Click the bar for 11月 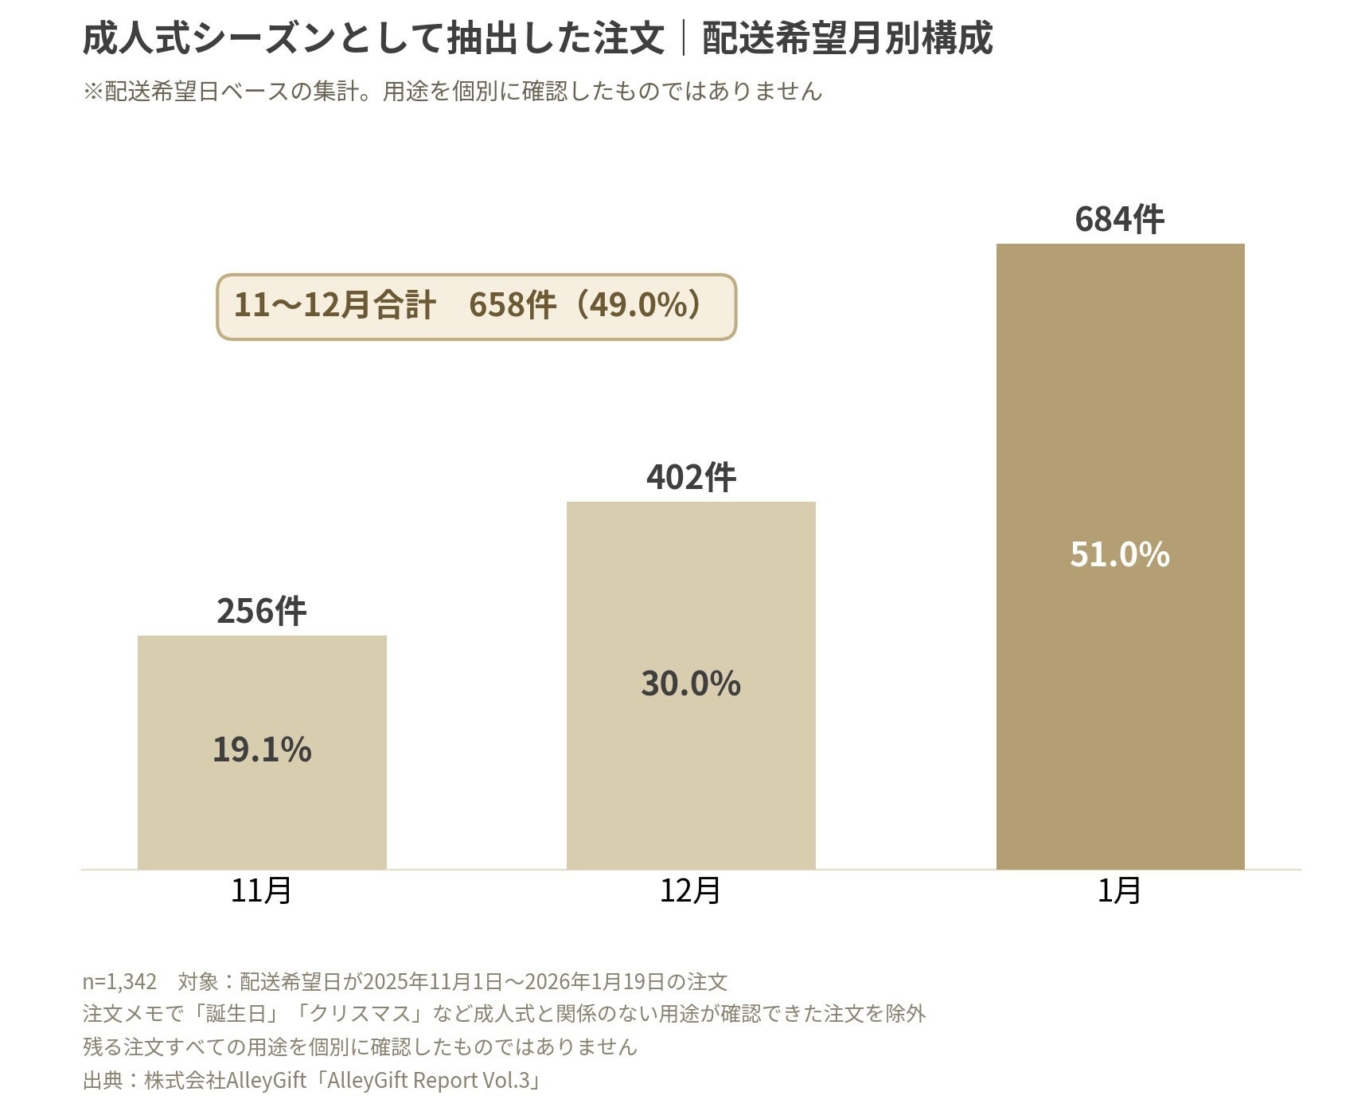262,752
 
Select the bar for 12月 691,685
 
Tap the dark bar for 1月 1120,556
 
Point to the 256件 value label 262,611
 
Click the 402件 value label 691,477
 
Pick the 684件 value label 1120,219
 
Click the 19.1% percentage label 262,749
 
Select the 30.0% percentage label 691,683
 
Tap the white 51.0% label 1120,554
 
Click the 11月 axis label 262,890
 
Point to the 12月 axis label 691,890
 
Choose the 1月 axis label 1120,890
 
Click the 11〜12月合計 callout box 477,307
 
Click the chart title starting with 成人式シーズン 537,38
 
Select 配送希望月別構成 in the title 848,38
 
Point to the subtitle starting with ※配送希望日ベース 452,91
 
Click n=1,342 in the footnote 119,981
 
